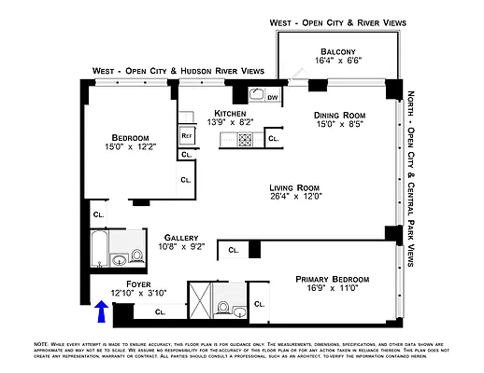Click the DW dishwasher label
273,96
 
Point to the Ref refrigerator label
186,134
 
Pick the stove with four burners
245,140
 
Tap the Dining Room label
337,115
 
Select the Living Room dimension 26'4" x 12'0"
295,196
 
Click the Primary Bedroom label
333,279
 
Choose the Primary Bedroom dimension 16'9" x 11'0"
333,290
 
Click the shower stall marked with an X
198,300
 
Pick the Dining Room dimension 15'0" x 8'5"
337,125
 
